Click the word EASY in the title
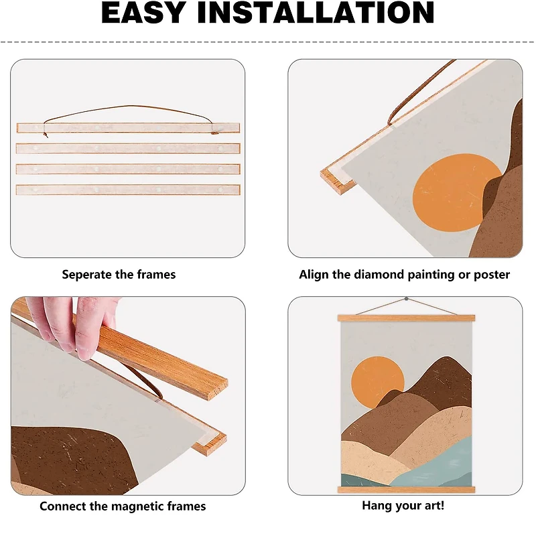[143, 12]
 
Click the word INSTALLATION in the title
[316, 12]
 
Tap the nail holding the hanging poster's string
[406, 299]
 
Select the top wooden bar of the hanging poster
[406, 318]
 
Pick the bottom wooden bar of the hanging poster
[406, 490]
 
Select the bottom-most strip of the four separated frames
[128, 190]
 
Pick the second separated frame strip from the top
[128, 149]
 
